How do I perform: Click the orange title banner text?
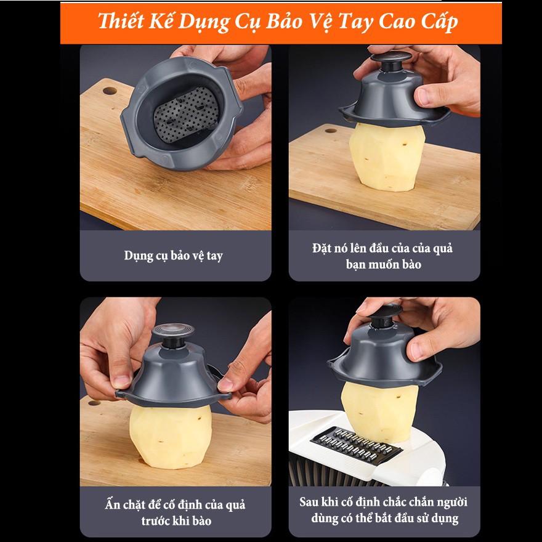(x=278, y=22)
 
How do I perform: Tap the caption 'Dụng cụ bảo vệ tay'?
(x=174, y=256)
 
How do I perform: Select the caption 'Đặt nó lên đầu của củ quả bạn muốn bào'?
(x=383, y=256)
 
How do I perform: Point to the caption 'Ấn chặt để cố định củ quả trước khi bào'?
(x=176, y=512)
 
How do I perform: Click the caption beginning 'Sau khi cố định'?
(x=384, y=510)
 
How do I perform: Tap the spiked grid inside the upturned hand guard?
(x=186, y=114)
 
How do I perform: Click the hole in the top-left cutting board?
(x=110, y=91)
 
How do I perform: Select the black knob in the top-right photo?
(x=391, y=61)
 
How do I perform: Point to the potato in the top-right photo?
(x=387, y=156)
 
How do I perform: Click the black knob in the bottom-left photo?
(x=173, y=335)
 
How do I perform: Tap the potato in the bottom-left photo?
(x=171, y=437)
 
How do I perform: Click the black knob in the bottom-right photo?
(x=385, y=315)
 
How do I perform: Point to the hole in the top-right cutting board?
(x=331, y=131)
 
